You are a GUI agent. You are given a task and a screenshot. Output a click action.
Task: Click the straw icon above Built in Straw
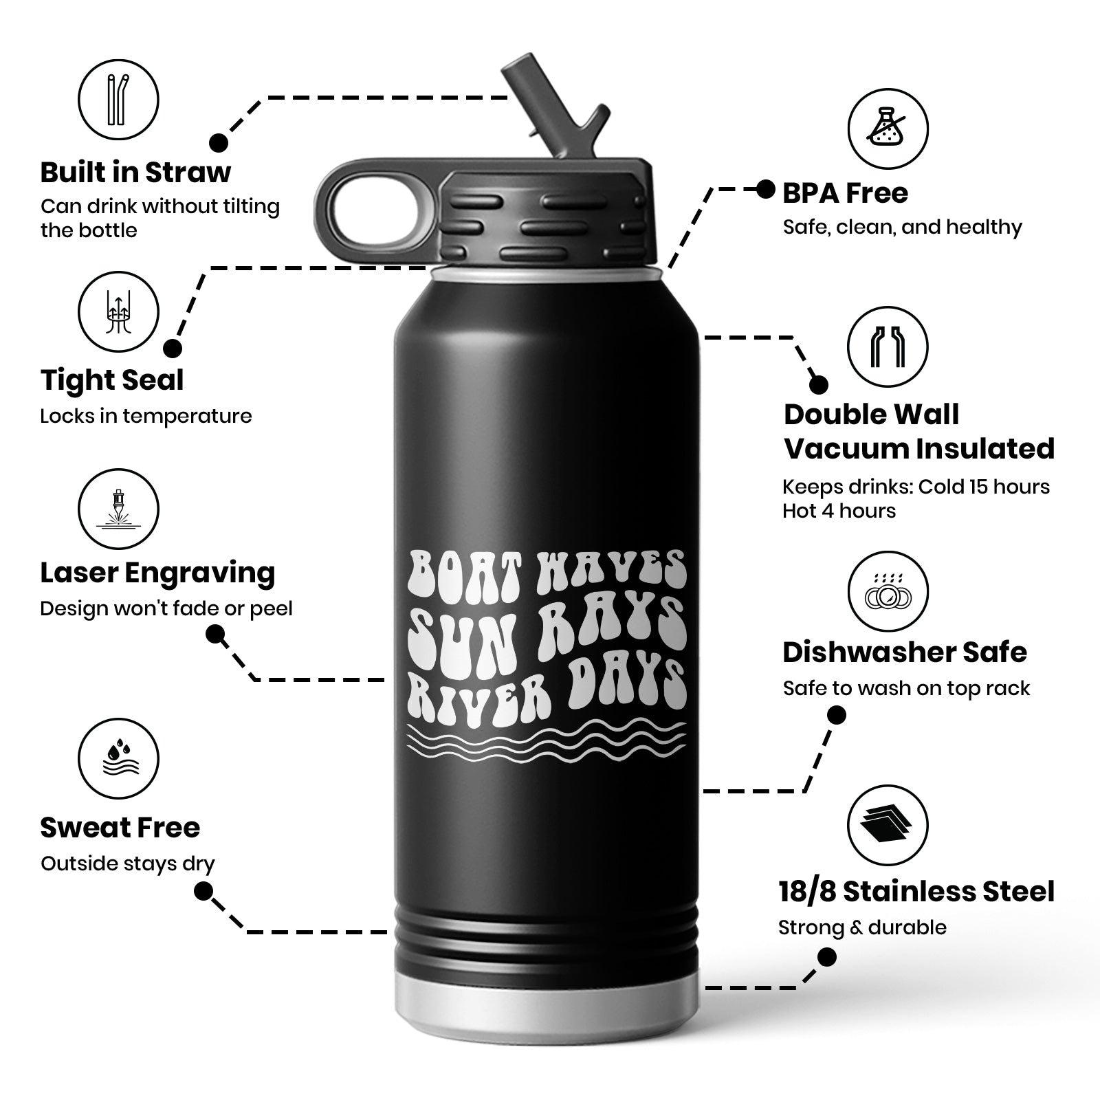(118, 100)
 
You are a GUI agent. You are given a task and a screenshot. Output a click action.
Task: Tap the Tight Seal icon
(118, 312)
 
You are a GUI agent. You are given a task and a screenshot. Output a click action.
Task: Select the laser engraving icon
(118, 509)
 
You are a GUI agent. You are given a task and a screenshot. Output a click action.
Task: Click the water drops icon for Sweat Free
(118, 759)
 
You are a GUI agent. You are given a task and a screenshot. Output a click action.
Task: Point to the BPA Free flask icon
(888, 129)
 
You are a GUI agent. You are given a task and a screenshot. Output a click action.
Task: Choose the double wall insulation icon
(888, 347)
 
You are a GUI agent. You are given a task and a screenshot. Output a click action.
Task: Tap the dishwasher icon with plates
(888, 592)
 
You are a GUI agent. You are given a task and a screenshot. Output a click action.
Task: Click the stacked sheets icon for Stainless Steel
(888, 825)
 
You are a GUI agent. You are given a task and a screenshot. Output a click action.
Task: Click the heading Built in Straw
(135, 173)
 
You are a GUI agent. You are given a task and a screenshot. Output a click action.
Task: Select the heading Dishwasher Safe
(905, 652)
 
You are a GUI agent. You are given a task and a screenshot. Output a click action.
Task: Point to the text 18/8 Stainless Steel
(916, 892)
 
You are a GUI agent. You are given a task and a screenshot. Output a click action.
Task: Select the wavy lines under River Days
(547, 741)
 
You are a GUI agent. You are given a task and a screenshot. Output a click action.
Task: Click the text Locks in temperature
(146, 416)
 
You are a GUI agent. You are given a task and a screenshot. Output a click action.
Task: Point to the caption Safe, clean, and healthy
(902, 228)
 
